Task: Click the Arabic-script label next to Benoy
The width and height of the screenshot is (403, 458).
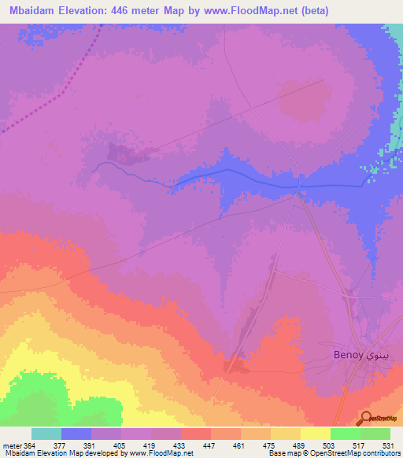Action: [375, 356]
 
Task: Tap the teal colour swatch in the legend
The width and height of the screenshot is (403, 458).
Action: [46, 434]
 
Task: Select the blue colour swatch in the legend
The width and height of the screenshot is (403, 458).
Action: [76, 434]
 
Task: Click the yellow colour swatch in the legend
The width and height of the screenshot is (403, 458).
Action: [315, 434]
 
